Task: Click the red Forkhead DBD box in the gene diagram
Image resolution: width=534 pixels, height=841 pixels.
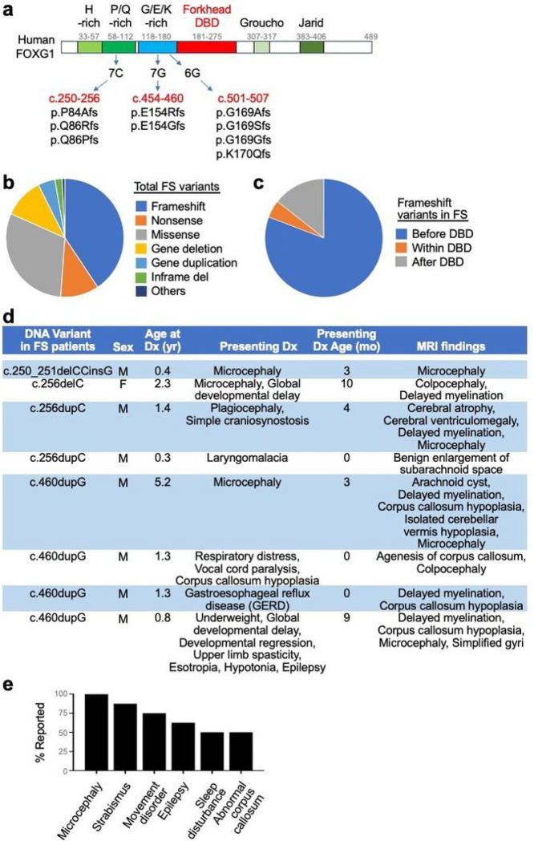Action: (x=206, y=47)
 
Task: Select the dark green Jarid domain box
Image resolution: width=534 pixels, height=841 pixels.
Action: (x=311, y=47)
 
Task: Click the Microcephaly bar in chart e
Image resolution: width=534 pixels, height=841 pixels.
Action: (x=96, y=739)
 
